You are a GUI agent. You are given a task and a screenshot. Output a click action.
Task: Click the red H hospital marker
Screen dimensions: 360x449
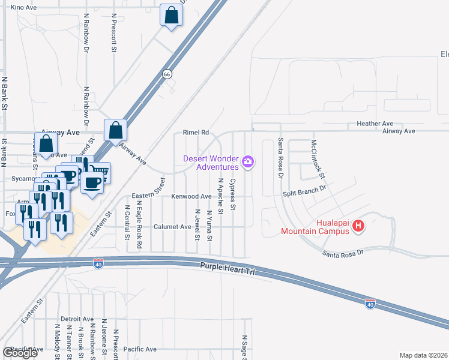(x=358, y=226)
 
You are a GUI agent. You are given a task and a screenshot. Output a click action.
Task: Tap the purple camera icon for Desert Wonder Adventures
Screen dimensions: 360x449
(x=247, y=161)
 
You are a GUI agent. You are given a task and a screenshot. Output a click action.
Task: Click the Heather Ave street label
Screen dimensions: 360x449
(x=374, y=123)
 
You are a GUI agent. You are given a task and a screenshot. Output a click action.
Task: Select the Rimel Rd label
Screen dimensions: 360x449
(x=196, y=133)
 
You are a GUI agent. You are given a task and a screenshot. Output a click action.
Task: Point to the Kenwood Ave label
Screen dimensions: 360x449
(x=191, y=196)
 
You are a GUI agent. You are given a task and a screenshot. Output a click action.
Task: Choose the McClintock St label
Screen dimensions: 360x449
(x=317, y=159)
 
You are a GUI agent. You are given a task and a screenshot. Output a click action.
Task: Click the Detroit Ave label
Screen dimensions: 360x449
(x=77, y=319)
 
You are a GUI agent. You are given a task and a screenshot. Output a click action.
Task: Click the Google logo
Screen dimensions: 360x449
(x=20, y=353)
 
